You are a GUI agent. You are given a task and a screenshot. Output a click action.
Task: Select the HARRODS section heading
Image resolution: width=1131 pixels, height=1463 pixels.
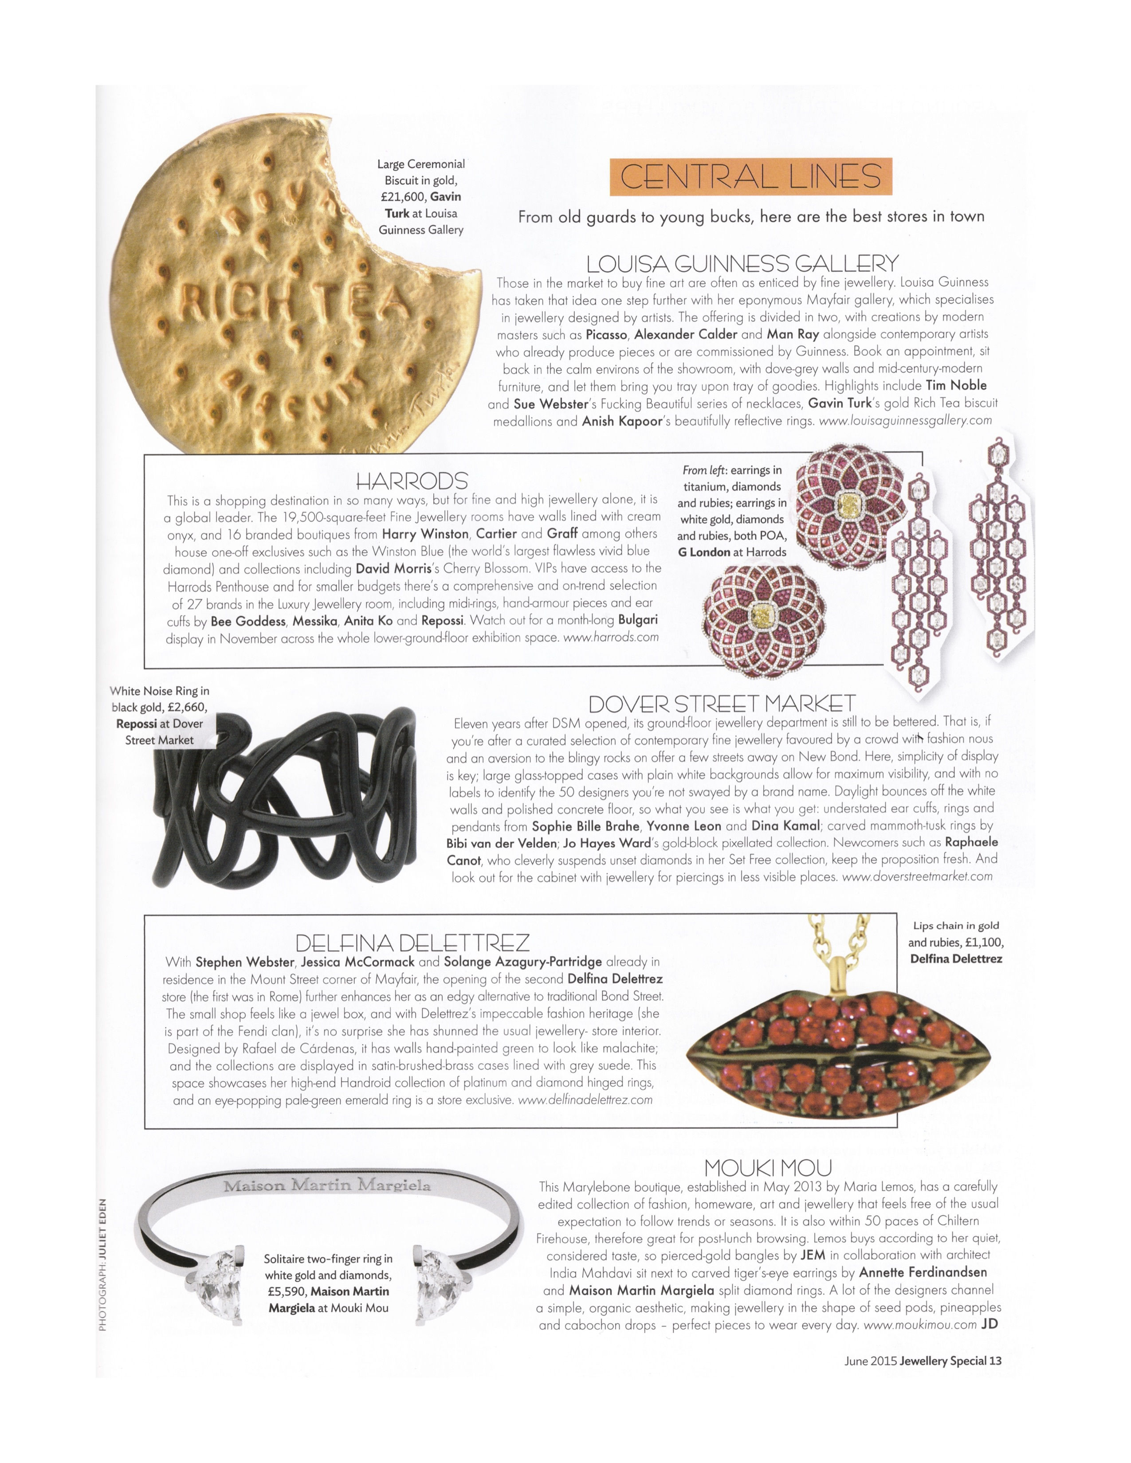coord(412,480)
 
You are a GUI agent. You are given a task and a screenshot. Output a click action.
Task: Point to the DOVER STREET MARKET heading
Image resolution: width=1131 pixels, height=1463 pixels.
coord(722,704)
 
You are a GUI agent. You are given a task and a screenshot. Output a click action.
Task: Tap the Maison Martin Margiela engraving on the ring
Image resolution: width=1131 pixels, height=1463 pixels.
coord(327,1185)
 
